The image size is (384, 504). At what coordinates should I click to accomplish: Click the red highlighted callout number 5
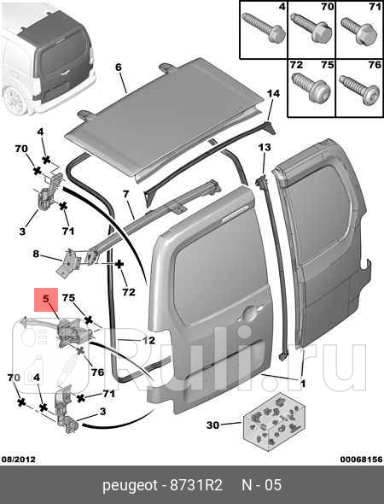click(x=46, y=299)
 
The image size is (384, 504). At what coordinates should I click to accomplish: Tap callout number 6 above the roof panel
click(x=119, y=67)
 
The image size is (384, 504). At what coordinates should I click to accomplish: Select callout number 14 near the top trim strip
click(x=273, y=93)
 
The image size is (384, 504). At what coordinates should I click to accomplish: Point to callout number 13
click(x=265, y=147)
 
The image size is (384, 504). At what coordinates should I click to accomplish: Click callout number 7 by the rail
click(x=125, y=194)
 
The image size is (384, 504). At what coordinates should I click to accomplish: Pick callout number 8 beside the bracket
click(x=36, y=254)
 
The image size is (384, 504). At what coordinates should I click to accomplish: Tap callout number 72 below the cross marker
click(x=129, y=292)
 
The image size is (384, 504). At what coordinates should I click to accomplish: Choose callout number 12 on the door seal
click(x=148, y=340)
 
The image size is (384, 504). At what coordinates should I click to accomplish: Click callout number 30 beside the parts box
click(x=212, y=425)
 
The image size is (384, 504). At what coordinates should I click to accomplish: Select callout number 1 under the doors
click(x=303, y=384)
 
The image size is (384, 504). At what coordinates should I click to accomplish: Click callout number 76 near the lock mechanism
click(x=97, y=372)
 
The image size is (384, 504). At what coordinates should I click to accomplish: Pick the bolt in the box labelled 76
click(x=360, y=89)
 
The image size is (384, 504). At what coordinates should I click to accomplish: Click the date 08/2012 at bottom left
click(x=19, y=460)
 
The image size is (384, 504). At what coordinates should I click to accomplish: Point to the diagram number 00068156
click(x=362, y=460)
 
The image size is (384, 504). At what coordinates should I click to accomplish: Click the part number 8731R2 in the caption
click(x=196, y=485)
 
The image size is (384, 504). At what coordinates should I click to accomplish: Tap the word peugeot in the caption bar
click(x=130, y=486)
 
